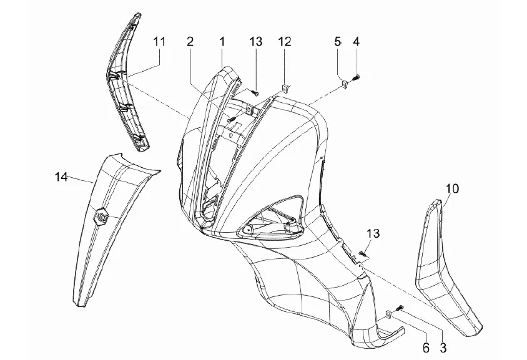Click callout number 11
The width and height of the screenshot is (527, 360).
pyautogui.click(x=159, y=42)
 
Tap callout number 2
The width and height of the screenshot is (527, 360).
pyautogui.click(x=190, y=42)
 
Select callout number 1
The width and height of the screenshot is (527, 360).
pyautogui.click(x=222, y=42)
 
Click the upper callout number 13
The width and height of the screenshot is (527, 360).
pyautogui.click(x=256, y=42)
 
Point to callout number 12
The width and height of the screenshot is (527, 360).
pyautogui.click(x=284, y=42)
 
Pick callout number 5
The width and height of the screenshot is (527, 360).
pyautogui.click(x=338, y=42)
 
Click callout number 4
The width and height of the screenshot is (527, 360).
pyautogui.click(x=356, y=42)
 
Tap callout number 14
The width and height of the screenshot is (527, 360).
pyautogui.click(x=61, y=177)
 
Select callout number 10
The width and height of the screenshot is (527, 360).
pyautogui.click(x=451, y=187)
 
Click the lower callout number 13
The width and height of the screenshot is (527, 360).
pyautogui.click(x=372, y=233)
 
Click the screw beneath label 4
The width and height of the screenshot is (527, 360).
pyautogui.click(x=357, y=77)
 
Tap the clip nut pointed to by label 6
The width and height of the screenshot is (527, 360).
pyautogui.click(x=388, y=314)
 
